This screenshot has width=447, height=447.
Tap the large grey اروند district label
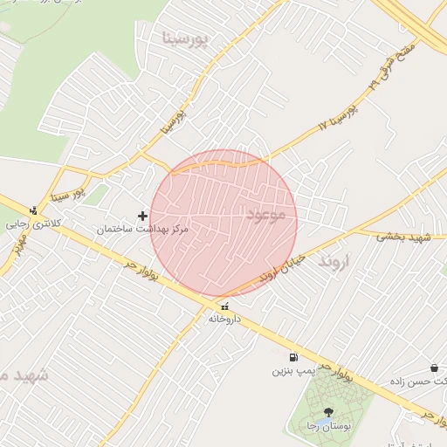coord(334,261)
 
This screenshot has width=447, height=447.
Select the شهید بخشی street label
coord(404,237)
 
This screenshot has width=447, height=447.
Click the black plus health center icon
coord(143,215)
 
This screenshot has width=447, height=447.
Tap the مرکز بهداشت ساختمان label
coord(142,230)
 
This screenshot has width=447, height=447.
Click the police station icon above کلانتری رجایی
coord(33,210)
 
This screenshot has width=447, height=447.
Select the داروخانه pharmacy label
coord(224,319)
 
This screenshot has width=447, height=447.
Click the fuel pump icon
coord(292,357)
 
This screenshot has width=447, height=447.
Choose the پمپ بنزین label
coord(290,371)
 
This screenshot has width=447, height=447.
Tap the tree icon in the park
coord(328,412)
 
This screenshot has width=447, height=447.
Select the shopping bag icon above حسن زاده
coord(434,369)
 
